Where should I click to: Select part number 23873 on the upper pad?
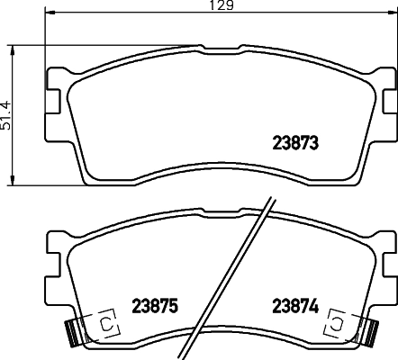(296, 142)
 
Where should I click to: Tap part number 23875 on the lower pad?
(156, 305)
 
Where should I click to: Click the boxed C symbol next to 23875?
(105, 322)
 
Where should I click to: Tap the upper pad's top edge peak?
(219, 44)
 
